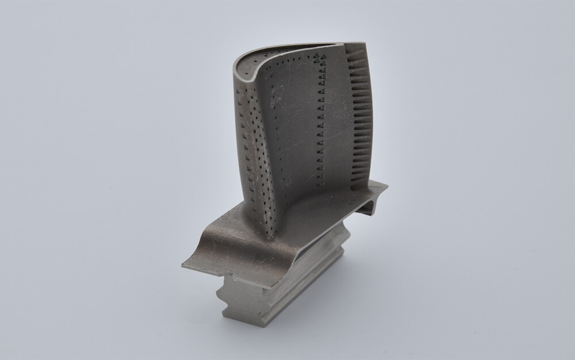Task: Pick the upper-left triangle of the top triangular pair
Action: pos(317,53)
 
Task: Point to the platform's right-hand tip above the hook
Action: pos(386,186)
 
